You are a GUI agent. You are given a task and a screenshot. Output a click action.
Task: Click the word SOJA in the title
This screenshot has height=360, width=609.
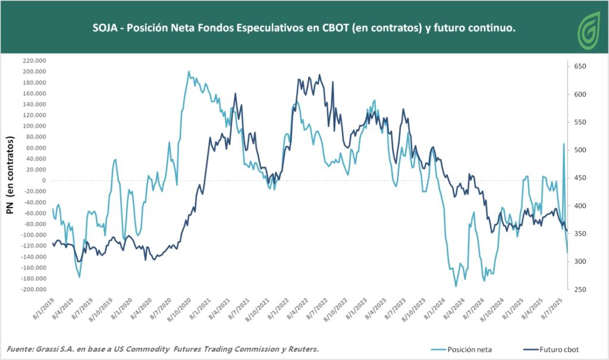coord(105,28)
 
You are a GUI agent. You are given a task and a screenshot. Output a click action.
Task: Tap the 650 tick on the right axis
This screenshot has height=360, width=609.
coord(580,67)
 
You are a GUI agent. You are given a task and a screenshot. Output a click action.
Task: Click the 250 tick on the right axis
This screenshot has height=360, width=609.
coord(580,290)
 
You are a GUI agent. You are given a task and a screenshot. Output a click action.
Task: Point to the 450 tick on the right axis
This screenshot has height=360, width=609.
coord(580,178)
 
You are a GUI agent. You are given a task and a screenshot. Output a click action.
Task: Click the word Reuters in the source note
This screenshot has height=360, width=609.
coord(301,349)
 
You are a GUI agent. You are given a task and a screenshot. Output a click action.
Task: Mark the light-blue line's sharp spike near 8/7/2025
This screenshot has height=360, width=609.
coord(564,144)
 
